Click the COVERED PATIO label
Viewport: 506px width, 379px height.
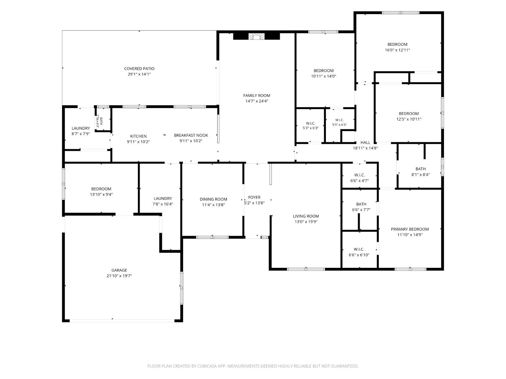[x=139, y=69]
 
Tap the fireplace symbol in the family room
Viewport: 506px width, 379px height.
[x=256, y=36]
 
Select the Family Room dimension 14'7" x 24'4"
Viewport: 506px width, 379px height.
[x=257, y=101]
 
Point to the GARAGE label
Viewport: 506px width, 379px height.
[x=119, y=270]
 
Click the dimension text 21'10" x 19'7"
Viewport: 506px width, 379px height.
[x=119, y=276]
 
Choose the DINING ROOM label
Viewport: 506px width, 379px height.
[x=213, y=199]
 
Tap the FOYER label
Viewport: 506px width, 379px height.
[x=254, y=197]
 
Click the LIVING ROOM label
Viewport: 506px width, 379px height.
[x=306, y=216]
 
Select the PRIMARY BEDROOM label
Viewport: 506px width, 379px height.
[x=410, y=229]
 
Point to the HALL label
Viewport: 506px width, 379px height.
[x=365, y=143]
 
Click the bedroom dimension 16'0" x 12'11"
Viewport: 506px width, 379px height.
[x=397, y=50]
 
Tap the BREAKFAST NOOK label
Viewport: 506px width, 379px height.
[x=191, y=135]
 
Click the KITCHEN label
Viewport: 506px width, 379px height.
[x=138, y=136]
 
